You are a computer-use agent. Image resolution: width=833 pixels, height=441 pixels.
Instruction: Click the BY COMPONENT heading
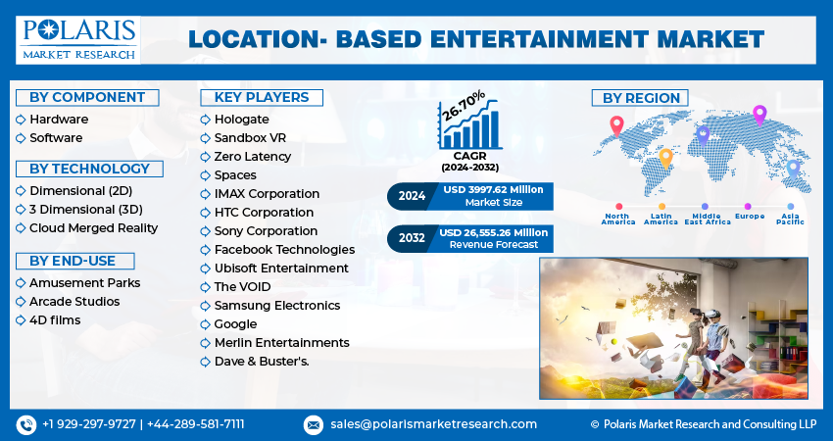(87, 97)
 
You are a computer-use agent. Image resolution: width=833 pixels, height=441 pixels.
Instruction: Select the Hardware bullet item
(59, 120)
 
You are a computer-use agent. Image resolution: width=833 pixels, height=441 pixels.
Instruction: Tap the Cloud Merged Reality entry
(93, 227)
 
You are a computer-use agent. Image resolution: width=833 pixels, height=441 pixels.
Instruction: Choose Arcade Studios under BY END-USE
(74, 301)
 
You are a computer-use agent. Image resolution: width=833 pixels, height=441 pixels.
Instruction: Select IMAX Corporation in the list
(267, 194)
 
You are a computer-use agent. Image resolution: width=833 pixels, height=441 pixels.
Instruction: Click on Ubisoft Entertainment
(281, 268)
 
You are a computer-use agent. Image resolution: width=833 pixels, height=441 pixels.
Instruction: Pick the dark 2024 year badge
(412, 196)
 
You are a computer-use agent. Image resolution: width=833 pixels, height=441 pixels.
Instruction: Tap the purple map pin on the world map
(759, 115)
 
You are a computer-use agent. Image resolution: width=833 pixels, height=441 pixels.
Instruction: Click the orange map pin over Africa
(665, 157)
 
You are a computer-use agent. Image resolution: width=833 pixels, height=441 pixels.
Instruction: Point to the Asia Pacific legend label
(790, 219)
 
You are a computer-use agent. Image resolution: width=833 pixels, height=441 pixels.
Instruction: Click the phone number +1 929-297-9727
(89, 424)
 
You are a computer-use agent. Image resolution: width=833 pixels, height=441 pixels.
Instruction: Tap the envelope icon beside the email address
(314, 424)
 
